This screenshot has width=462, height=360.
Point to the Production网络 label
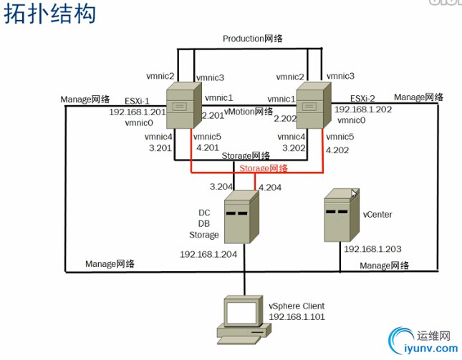pyautogui.click(x=251, y=39)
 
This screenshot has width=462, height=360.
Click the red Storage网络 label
pyautogui.click(x=264, y=168)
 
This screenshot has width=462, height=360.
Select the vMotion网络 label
pyautogui.click(x=249, y=112)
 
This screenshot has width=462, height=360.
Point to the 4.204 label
pyautogui.click(x=271, y=187)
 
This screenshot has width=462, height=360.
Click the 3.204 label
pyautogui.click(x=221, y=186)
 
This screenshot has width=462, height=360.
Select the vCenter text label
pyautogui.click(x=377, y=214)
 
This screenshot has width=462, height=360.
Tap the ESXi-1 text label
pyautogui.click(x=138, y=100)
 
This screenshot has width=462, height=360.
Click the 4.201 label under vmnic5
pyautogui.click(x=208, y=149)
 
